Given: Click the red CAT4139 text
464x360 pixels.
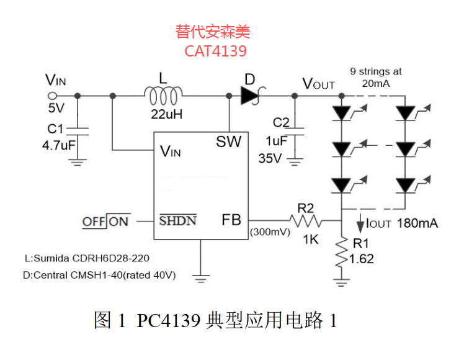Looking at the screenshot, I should pos(215,51).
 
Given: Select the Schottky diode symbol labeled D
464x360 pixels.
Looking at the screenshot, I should pos(251,95).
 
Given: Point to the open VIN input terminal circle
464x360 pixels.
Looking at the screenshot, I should pos(52,96).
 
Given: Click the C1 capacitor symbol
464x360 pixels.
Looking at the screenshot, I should pos(78,132).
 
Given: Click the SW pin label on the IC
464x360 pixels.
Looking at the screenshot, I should pos(229,142).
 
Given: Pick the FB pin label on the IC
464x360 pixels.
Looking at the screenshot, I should pos(231,220).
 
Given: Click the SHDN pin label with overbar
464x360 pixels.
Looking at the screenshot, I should pos(177,220).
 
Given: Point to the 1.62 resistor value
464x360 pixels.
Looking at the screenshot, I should pos(362,259).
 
